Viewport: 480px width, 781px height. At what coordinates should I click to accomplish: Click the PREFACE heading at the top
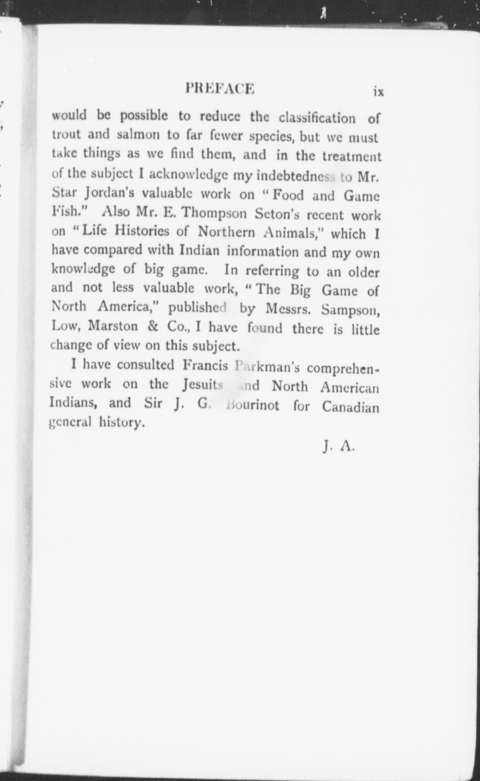[x=220, y=89]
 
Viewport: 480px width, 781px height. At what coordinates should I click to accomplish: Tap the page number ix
[x=378, y=92]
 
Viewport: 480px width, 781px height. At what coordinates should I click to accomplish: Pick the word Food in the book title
[x=288, y=195]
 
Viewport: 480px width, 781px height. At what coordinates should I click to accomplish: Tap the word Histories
[x=142, y=231]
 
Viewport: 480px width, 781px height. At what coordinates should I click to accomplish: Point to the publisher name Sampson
[x=351, y=310]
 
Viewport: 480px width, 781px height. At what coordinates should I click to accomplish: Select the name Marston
[x=113, y=326]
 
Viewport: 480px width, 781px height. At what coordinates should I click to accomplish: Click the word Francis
[x=205, y=365]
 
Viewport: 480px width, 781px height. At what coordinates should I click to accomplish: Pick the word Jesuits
[x=202, y=384]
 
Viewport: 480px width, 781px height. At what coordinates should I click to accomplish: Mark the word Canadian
[x=351, y=407]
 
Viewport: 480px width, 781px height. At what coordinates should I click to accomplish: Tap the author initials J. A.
[x=338, y=447]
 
